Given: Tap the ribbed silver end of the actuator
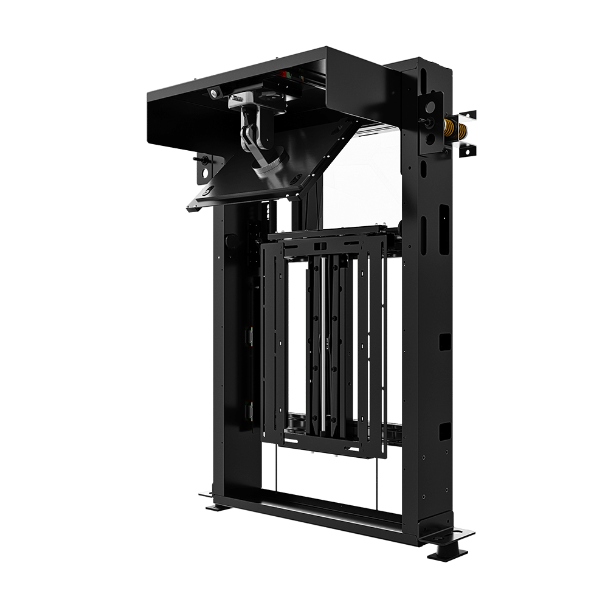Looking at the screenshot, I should point(268,164).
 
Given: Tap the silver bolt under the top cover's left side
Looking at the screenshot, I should point(214,92).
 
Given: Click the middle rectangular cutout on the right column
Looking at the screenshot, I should point(444,342).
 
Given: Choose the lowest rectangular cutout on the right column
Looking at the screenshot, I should point(444,430).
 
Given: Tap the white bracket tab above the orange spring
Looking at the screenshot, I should point(467,116).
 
